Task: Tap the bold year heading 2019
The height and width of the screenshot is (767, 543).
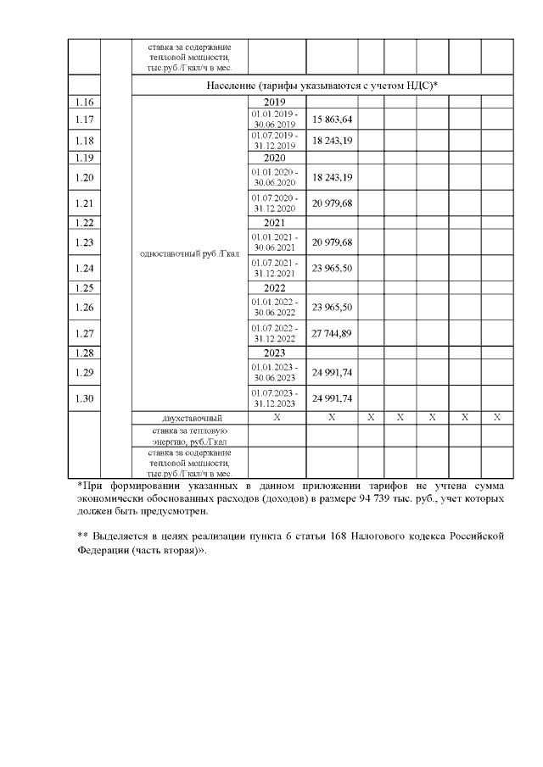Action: [276, 102]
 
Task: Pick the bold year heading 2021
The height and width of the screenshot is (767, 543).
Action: [276, 223]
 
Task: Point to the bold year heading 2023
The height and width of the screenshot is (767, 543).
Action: [276, 353]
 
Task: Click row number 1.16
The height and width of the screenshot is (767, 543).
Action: [84, 102]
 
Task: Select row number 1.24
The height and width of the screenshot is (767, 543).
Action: [84, 269]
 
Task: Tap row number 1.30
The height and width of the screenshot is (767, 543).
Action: [84, 397]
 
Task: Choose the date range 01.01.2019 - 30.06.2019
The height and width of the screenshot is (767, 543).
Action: [276, 119]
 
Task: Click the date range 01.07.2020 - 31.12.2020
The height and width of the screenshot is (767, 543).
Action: [276, 203]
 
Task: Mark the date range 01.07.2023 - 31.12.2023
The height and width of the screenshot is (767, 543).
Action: [276, 397]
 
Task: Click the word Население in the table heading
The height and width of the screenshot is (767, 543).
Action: [231, 86]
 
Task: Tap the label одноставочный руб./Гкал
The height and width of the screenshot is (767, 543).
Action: [188, 253]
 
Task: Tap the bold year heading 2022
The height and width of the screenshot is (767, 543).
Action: [276, 288]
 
